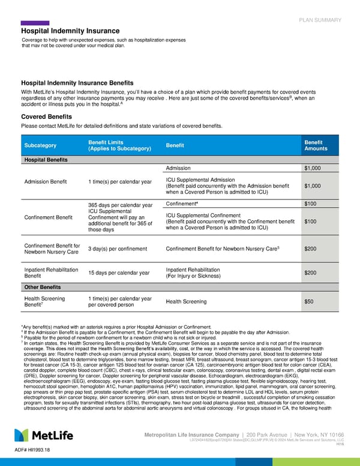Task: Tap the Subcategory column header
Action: pos(40,145)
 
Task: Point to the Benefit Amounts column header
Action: pos(316,145)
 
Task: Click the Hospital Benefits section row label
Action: pos(45,160)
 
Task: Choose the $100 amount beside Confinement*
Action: pos(313,205)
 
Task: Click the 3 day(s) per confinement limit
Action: pos(119,249)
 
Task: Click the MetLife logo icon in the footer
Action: pos(23,435)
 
